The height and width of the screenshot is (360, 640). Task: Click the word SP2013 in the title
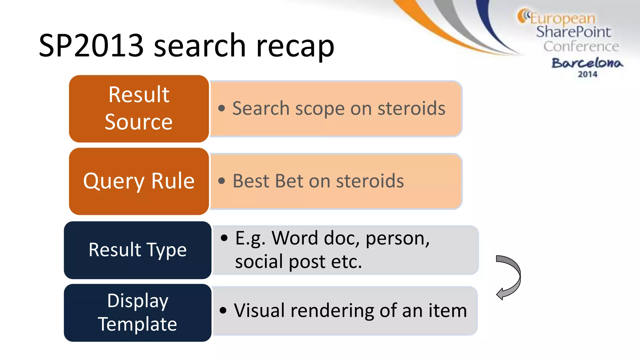91,46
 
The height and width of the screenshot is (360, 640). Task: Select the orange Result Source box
139,108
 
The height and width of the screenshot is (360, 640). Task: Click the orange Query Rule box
139,181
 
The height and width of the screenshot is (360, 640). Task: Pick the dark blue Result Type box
137,250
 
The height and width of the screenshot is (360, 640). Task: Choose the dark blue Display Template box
137,312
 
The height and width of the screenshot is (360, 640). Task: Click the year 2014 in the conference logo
587,74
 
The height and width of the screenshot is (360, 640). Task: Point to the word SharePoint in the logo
573,32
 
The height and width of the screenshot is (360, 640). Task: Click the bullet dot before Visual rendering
223,311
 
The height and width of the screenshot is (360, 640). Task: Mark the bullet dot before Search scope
222,108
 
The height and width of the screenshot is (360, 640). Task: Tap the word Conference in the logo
581,47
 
